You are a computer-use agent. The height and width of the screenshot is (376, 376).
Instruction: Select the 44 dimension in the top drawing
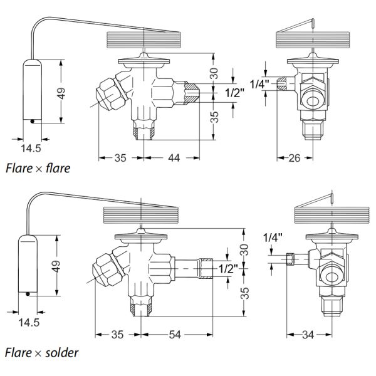174,159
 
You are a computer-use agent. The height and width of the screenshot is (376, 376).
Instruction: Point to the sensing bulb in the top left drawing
32,90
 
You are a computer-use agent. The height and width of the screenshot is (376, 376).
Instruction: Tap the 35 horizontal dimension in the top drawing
121,159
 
